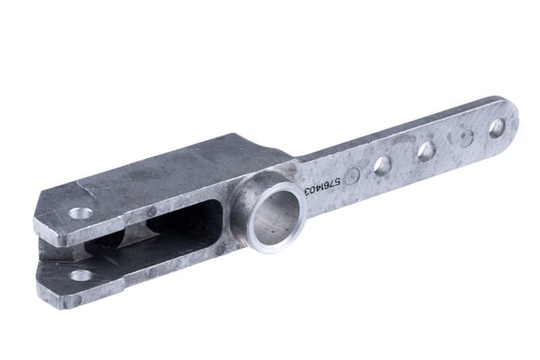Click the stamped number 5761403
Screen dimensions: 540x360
click(322, 185)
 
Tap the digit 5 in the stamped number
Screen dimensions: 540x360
click(337, 181)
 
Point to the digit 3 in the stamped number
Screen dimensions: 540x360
click(307, 190)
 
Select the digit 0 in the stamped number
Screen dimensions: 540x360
click(311, 188)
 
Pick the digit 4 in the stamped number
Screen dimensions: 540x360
click(317, 187)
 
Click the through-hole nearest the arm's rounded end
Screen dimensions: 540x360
click(496, 128)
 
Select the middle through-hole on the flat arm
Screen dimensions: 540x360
click(426, 151)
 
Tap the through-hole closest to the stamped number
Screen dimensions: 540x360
click(383, 166)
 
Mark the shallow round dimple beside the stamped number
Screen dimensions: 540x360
click(353, 176)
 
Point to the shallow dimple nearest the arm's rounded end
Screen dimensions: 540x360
click(465, 138)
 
